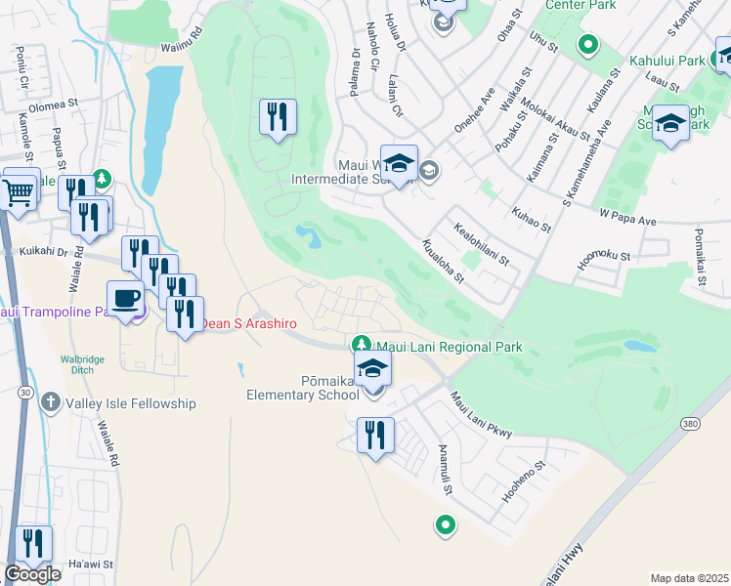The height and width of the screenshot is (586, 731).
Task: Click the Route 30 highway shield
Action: [x=22, y=392]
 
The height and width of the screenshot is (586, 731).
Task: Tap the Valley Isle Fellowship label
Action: [x=130, y=403]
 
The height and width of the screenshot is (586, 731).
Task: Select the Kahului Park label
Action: [x=667, y=61]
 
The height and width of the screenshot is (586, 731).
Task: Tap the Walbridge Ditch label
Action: [x=81, y=365]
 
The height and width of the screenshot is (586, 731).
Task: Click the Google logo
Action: [x=32, y=574]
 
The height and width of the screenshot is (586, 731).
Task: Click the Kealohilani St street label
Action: [x=482, y=243]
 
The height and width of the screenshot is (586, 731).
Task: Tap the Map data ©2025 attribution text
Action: [x=689, y=578]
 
